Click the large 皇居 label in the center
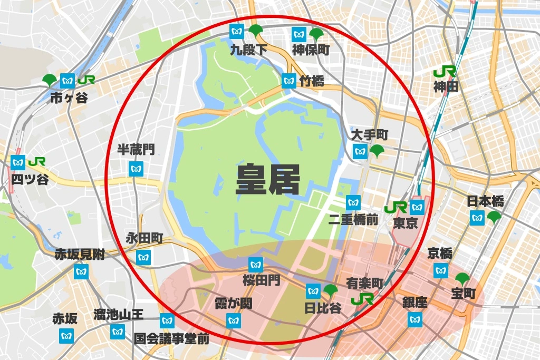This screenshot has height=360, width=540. pos(267,180)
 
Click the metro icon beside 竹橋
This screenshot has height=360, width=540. pos(288,81)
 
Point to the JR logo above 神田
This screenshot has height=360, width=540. pos(444,71)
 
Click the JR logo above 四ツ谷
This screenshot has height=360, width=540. pos(37,161)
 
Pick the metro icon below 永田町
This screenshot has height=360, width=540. pos(143,257)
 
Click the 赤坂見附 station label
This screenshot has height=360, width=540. pos(80,255)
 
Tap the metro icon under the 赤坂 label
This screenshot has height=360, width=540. pos(66,334)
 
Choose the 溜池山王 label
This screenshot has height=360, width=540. pos(119,315)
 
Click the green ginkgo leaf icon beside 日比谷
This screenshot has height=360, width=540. pos(331,289)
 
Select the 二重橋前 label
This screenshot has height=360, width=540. pos(353,219)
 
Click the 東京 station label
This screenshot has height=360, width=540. pos(406,223)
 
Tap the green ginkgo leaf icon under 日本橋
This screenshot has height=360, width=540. pos(494,217)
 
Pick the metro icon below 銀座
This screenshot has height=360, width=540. pos(415,319)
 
